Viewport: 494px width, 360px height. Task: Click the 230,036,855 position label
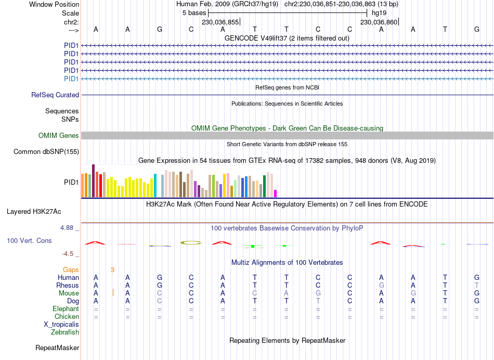pyautogui.click(x=220, y=22)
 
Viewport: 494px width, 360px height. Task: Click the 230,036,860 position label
pyautogui.click(x=379, y=22)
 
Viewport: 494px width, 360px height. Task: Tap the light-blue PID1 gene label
pyautogui.click(x=71, y=79)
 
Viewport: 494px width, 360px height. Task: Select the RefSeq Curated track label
pyautogui.click(x=55, y=95)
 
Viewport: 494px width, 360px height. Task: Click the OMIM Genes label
pyautogui.click(x=59, y=136)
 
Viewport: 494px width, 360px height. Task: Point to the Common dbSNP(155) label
pyautogui.click(x=46, y=152)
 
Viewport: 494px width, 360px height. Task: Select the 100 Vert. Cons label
pyautogui.click(x=29, y=241)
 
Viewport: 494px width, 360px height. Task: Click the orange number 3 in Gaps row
pyautogui.click(x=112, y=269)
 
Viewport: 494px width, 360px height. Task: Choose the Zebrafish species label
pyautogui.click(x=65, y=332)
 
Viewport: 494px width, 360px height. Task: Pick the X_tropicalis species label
pyautogui.click(x=61, y=324)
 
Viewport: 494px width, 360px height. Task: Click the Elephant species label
pyautogui.click(x=66, y=309)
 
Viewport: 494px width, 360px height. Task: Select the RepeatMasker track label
pyautogui.click(x=57, y=348)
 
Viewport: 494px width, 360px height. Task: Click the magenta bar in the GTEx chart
pyautogui.click(x=276, y=194)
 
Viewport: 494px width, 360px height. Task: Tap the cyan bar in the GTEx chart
pyautogui.click(x=155, y=186)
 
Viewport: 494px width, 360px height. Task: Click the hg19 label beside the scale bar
pyautogui.click(x=379, y=12)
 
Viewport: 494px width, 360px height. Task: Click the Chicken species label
pyautogui.click(x=67, y=317)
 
